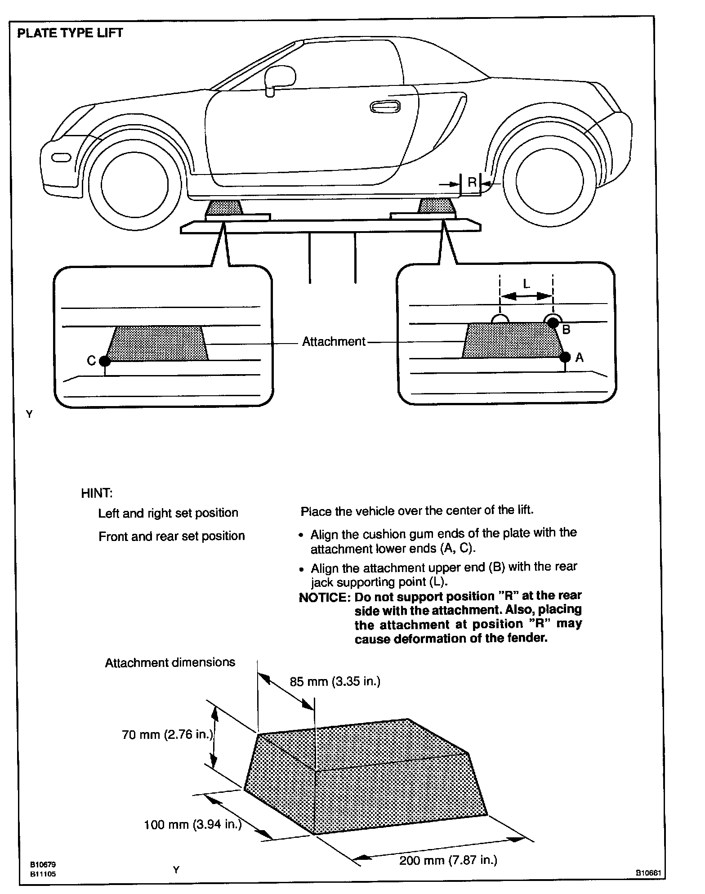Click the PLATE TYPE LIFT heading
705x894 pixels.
click(70, 33)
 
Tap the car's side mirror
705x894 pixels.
click(280, 77)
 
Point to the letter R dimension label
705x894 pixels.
click(472, 182)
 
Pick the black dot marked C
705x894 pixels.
click(104, 360)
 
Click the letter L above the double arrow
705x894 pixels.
click(527, 284)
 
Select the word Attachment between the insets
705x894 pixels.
click(334, 342)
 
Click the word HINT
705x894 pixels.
click(96, 493)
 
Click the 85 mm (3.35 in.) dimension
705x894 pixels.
click(335, 681)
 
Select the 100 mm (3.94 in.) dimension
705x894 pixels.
click(192, 824)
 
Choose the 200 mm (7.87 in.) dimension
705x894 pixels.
click(448, 860)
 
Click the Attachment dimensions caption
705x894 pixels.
click(170, 662)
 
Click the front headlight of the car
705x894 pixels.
click(61, 157)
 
